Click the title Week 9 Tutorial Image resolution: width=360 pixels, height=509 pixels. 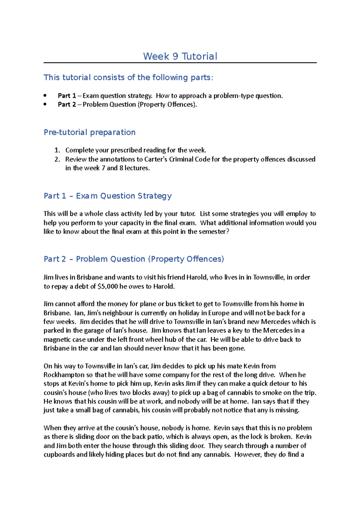pos(180,56)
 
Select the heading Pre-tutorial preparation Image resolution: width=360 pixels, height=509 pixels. pos(89,132)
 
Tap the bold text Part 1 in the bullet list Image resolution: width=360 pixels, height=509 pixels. pos(67,96)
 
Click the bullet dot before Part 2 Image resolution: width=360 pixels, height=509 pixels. pos(45,104)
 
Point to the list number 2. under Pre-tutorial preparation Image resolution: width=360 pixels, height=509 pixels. pos(57,159)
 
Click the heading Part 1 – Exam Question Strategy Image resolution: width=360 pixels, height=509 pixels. pos(108,196)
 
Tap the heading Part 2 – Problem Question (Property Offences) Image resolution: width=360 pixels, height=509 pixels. pos(134,259)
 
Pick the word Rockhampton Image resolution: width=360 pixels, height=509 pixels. pos(64,375)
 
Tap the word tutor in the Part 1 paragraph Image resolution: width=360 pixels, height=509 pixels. pos(187,214)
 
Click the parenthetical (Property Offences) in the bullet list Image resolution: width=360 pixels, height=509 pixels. pos(167,105)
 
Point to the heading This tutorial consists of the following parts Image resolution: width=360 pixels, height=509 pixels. pos(128,77)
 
